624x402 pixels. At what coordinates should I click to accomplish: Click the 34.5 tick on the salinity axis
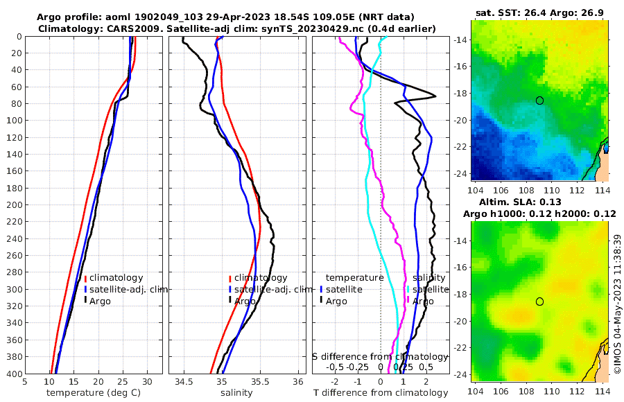coord(184,381)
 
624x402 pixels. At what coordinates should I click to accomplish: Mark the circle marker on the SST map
coord(540,101)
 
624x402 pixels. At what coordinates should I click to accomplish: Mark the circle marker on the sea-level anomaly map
coord(540,301)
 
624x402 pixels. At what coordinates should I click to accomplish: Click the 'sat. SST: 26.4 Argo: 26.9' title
coord(539,13)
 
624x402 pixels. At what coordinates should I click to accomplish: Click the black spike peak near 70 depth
coord(435,96)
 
